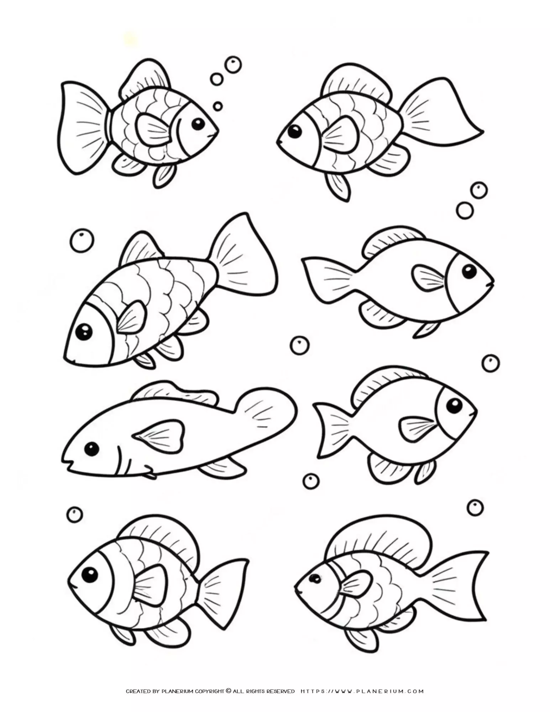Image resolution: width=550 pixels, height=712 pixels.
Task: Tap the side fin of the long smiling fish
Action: pos(160,433)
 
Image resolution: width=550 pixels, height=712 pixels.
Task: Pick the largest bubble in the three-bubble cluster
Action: pos(233,65)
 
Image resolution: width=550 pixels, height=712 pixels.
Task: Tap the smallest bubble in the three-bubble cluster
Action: pos(218,106)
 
